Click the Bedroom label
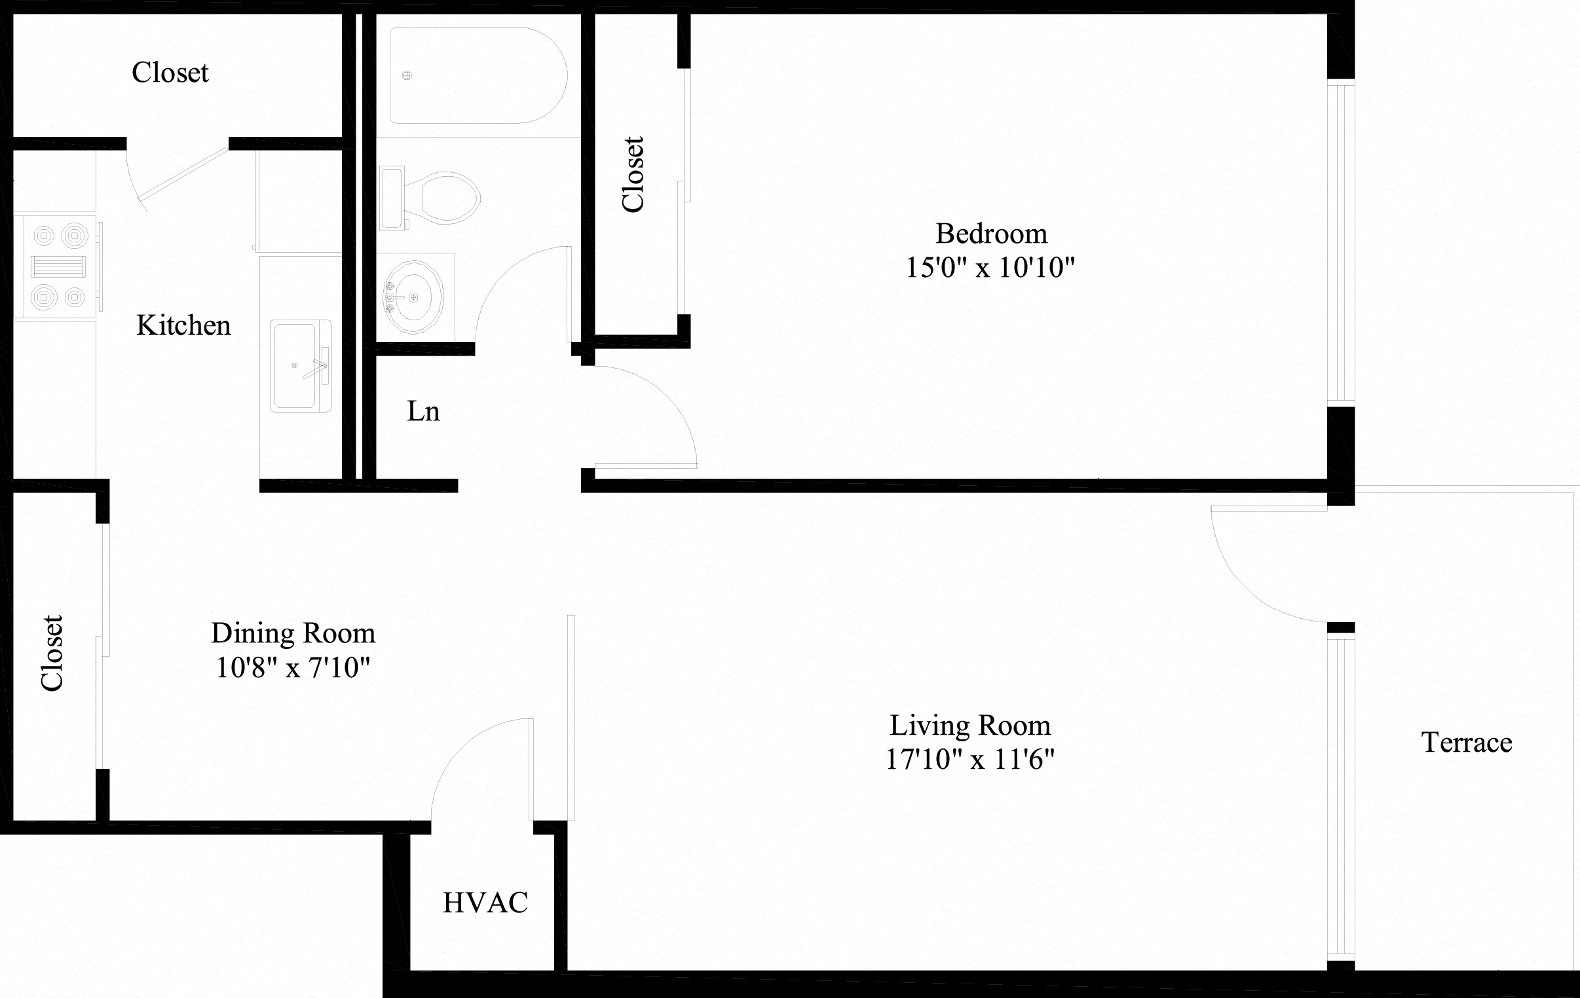pos(991,234)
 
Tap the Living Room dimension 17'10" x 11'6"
pos(969,760)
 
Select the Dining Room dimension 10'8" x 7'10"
pos(293,668)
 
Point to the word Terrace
pos(1467,743)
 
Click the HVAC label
pos(485,903)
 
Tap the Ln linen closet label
pos(423,411)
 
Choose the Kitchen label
pos(183,325)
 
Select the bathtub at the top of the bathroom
pos(478,75)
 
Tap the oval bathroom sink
pos(413,297)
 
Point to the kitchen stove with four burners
pos(58,267)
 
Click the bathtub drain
pos(407,75)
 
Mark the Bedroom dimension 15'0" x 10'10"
pos(990,268)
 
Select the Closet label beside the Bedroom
pos(633,175)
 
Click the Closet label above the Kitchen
pos(170,73)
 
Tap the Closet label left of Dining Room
pos(52,653)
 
